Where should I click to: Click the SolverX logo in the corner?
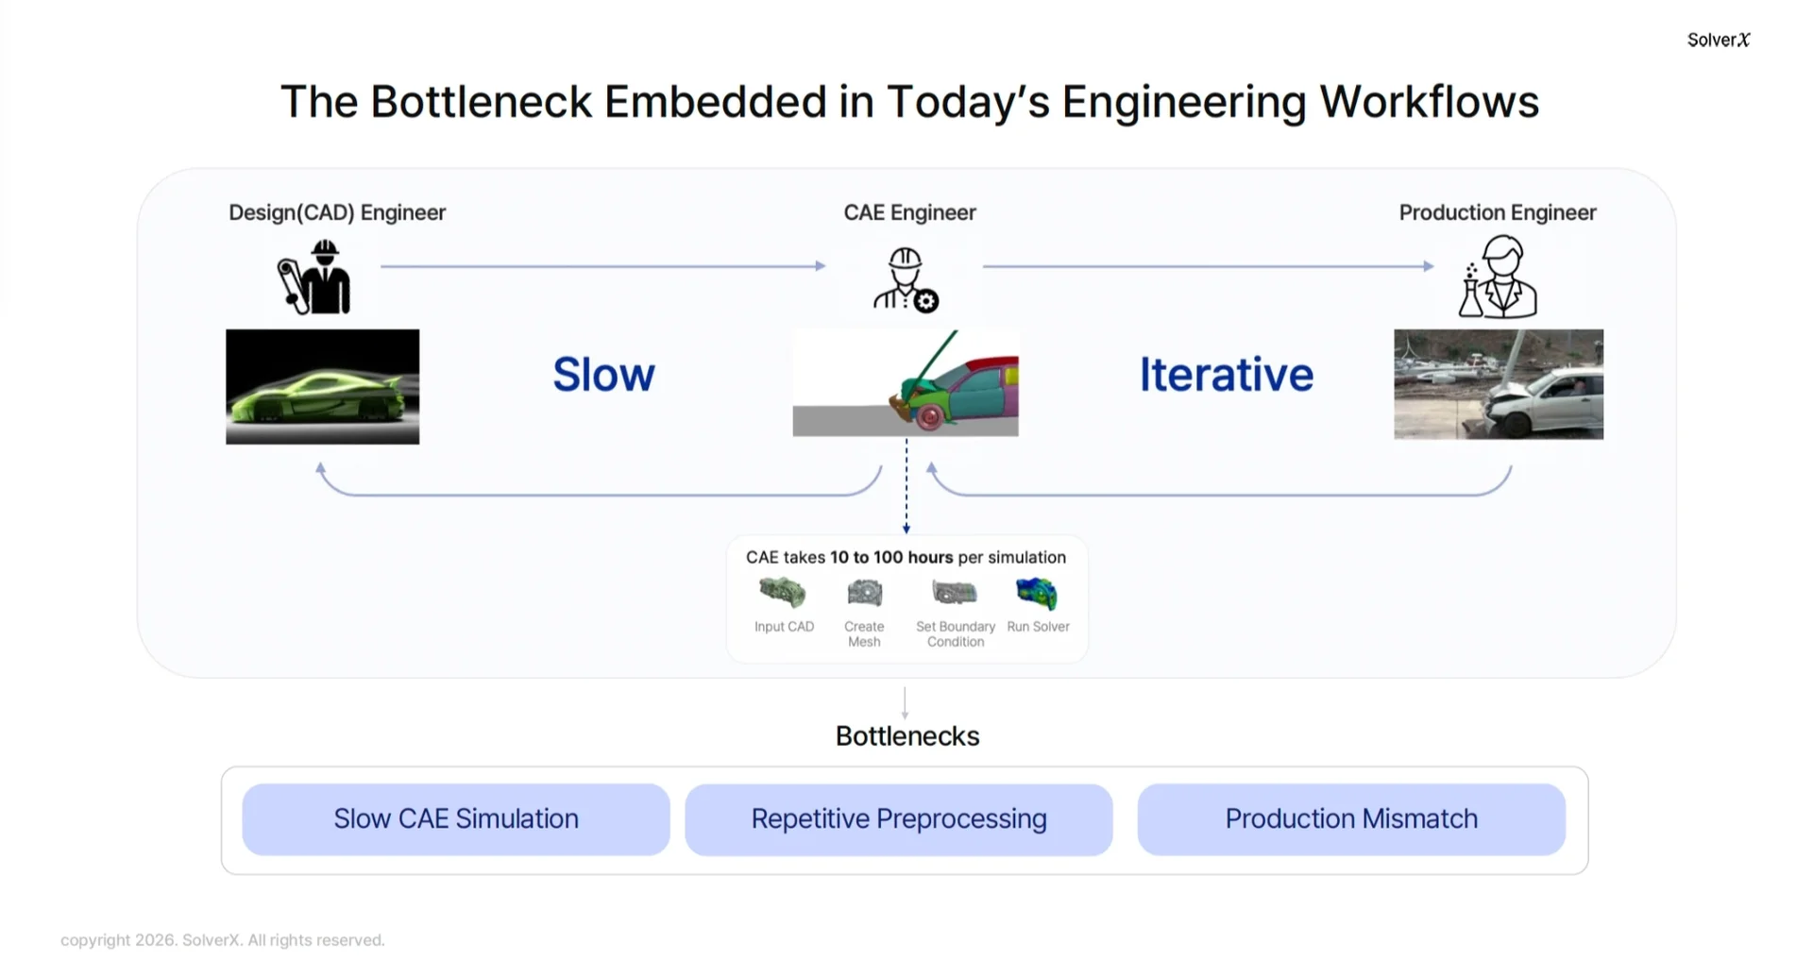pyautogui.click(x=1718, y=40)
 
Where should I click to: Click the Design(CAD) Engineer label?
pyautogui.click(x=337, y=212)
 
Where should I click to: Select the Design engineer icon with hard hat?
pyautogui.click(x=315, y=276)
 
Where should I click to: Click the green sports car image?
pyautogui.click(x=322, y=387)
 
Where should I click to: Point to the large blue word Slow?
pyautogui.click(x=603, y=375)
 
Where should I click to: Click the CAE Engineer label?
pyautogui.click(x=909, y=212)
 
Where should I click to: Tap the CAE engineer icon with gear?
pyautogui.click(x=906, y=279)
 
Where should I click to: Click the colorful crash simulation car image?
pyautogui.click(x=906, y=383)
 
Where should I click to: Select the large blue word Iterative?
pyautogui.click(x=1226, y=375)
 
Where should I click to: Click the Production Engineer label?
pyautogui.click(x=1498, y=212)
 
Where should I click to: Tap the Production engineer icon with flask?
pyautogui.click(x=1499, y=278)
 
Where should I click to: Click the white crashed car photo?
pyautogui.click(x=1499, y=384)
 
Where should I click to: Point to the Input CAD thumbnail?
pyautogui.click(x=783, y=593)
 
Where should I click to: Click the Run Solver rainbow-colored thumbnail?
pyautogui.click(x=1036, y=594)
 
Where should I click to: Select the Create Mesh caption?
pyautogui.click(x=864, y=633)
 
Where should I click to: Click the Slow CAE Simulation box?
pyautogui.click(x=456, y=819)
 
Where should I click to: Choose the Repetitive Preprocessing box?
pyautogui.click(x=899, y=819)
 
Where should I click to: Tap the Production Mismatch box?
pyautogui.click(x=1351, y=819)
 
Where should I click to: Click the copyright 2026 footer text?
pyautogui.click(x=223, y=940)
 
